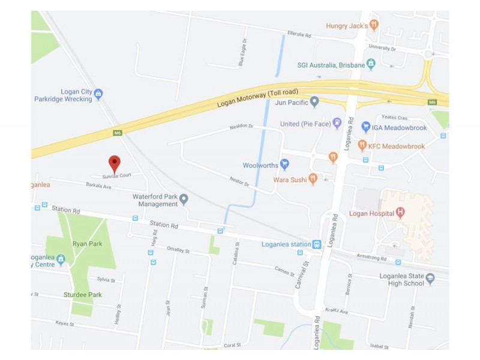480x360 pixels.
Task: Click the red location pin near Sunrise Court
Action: (114, 163)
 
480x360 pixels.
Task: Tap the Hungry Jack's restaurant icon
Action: (374, 25)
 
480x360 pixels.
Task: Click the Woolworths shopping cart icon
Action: (285, 165)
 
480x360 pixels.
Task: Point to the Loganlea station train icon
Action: (317, 244)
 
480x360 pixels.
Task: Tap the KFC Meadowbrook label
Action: (397, 146)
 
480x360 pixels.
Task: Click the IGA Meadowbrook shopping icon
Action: (365, 127)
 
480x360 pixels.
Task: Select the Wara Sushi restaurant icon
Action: (313, 179)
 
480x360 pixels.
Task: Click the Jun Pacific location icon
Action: (314, 103)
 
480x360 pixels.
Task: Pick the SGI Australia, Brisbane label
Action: (331, 65)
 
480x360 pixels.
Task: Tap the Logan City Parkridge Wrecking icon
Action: (98, 94)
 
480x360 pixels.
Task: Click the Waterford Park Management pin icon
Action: (184, 199)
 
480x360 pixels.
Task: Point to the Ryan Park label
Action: (87, 244)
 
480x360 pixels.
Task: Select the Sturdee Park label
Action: (83, 295)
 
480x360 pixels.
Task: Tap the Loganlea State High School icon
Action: (430, 278)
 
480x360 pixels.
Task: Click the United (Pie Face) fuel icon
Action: (337, 124)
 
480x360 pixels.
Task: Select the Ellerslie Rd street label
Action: (300, 35)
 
